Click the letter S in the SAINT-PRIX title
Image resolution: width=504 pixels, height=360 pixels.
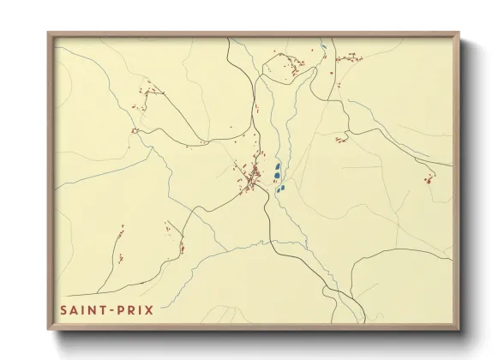click(63, 309)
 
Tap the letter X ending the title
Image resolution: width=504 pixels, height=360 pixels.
click(150, 309)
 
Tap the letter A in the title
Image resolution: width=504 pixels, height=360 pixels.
click(73, 309)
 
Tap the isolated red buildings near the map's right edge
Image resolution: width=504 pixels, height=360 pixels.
click(429, 178)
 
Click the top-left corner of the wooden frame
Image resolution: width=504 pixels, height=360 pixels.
click(49, 34)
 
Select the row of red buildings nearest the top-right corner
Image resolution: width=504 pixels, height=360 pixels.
click(349, 58)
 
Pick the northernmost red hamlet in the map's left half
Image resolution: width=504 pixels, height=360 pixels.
click(151, 90)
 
